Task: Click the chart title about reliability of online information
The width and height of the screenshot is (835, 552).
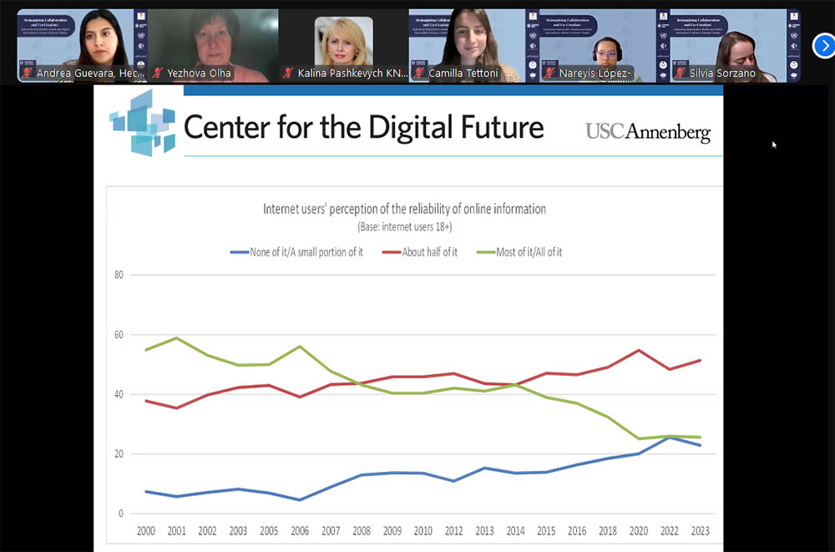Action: pos(404,209)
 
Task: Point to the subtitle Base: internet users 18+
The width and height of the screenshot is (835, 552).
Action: pos(404,226)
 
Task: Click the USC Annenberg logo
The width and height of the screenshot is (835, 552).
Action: pos(647,131)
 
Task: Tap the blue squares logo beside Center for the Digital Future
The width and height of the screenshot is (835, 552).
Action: pos(143,124)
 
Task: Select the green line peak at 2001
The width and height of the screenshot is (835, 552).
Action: pos(175,338)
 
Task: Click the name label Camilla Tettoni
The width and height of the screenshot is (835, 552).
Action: pos(463,73)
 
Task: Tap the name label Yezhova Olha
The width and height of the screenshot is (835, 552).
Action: pos(199,73)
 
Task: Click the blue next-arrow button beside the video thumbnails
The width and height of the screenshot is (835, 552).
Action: pos(824,46)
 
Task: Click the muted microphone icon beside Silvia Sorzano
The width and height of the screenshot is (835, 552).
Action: pos(679,73)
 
